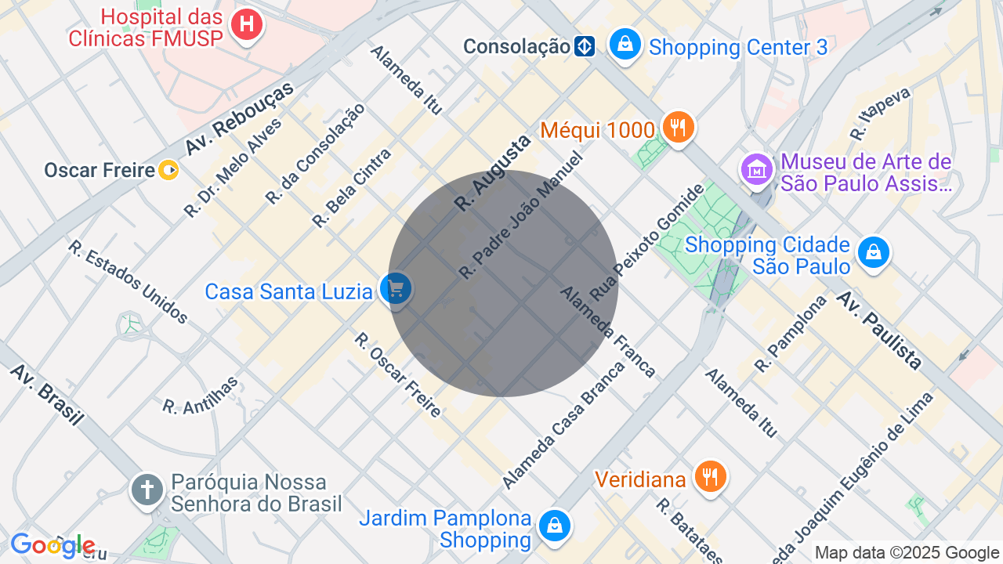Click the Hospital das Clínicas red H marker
(246, 24)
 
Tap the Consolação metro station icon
(584, 46)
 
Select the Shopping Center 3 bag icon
(625, 44)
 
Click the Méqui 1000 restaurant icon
(678, 126)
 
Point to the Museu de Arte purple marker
(756, 168)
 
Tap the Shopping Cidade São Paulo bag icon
(873, 252)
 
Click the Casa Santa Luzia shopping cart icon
(396, 289)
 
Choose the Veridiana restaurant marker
(711, 475)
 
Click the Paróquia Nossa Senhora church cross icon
(147, 490)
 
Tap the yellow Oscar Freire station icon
(168, 169)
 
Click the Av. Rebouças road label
(238, 117)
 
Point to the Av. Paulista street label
(878, 330)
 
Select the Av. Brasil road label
(47, 394)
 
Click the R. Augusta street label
(492, 172)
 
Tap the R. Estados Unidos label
(128, 281)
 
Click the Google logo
(53, 546)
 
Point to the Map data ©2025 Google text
(907, 553)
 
